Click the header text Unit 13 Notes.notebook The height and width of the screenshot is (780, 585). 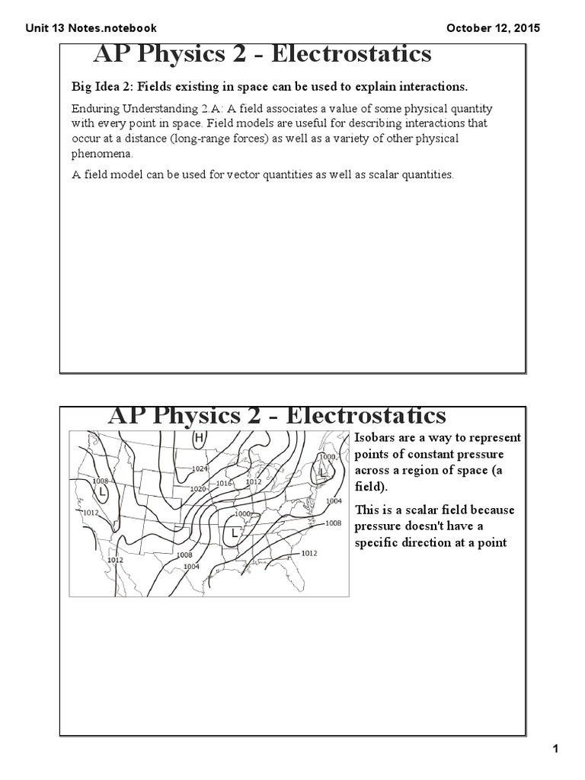(x=91, y=28)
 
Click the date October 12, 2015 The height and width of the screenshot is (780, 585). (x=493, y=28)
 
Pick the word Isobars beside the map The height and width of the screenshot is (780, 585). (x=376, y=437)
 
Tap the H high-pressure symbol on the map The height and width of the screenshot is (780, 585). (x=199, y=438)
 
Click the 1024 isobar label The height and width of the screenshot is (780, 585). (x=200, y=468)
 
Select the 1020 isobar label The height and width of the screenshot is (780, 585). (x=197, y=488)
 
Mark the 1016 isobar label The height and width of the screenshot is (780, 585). (x=224, y=484)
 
